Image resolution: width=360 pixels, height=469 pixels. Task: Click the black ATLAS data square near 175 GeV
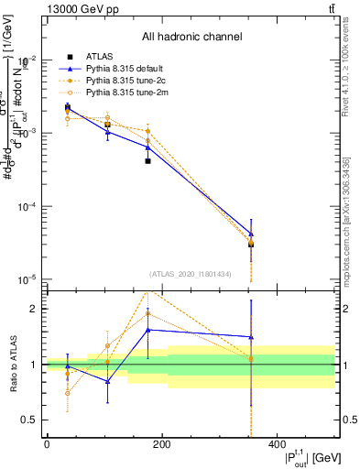147,160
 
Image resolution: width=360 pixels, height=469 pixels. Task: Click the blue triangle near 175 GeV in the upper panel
147,147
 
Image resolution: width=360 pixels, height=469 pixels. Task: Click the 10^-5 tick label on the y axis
29,280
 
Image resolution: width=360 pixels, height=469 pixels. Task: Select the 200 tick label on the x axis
162,444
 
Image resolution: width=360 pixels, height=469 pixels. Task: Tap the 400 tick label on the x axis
278,444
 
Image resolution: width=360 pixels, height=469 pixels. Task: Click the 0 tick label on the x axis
47,444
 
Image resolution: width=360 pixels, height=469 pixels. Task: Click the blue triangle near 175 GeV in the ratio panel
147,330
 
